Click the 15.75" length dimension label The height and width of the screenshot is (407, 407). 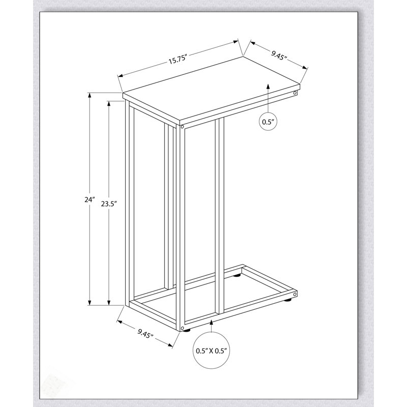pos(178,60)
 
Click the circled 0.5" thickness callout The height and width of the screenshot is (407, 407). pos(268,122)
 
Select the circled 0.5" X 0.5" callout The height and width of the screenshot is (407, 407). pos(212,351)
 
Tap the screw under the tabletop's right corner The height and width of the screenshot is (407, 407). pos(295,93)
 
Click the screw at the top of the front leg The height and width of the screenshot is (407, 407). pos(182,127)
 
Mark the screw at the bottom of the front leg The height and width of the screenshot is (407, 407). pos(182,328)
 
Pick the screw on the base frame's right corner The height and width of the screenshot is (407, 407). pos(295,294)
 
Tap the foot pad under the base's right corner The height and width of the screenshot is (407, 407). pos(287,301)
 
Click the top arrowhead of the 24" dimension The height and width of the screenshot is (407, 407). pos(90,96)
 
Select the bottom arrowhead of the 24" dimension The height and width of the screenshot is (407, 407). pos(90,303)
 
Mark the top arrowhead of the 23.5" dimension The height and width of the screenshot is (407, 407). pos(109,104)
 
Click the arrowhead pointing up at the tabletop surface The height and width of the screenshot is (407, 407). pos(268,86)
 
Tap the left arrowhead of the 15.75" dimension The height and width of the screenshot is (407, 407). pos(121,76)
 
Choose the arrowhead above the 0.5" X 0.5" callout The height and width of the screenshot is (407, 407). pos(212,323)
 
